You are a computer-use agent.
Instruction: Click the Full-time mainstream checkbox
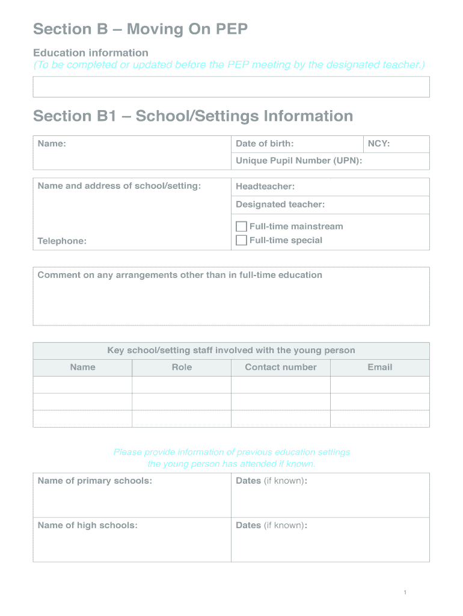pyautogui.click(x=241, y=227)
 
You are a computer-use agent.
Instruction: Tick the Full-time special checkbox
pyautogui.click(x=241, y=241)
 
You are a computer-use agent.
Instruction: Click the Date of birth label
pyautogui.click(x=265, y=144)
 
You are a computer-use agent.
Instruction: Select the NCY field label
pyautogui.click(x=379, y=144)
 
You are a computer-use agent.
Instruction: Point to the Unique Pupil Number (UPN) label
pyautogui.click(x=298, y=161)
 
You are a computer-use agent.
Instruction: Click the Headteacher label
pyautogui.click(x=265, y=186)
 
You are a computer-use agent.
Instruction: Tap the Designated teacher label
pyautogui.click(x=280, y=205)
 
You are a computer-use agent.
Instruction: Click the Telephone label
pyautogui.click(x=62, y=241)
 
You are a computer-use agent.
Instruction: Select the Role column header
pyautogui.click(x=182, y=368)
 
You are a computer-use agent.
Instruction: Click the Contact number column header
pyautogui.click(x=281, y=368)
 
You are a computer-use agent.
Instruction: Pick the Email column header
pyautogui.click(x=380, y=368)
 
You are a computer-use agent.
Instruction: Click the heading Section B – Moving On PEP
pyautogui.click(x=140, y=29)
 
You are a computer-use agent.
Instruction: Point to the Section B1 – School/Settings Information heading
pyautogui.click(x=193, y=115)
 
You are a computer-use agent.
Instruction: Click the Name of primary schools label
pyautogui.click(x=94, y=481)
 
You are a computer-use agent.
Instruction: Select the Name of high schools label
pyautogui.click(x=87, y=526)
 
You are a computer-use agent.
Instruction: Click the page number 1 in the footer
pyautogui.click(x=405, y=593)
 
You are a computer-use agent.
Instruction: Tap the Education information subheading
pyautogui.click(x=91, y=53)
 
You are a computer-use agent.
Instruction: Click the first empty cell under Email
pyautogui.click(x=380, y=385)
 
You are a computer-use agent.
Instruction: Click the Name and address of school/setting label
pyautogui.click(x=119, y=186)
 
